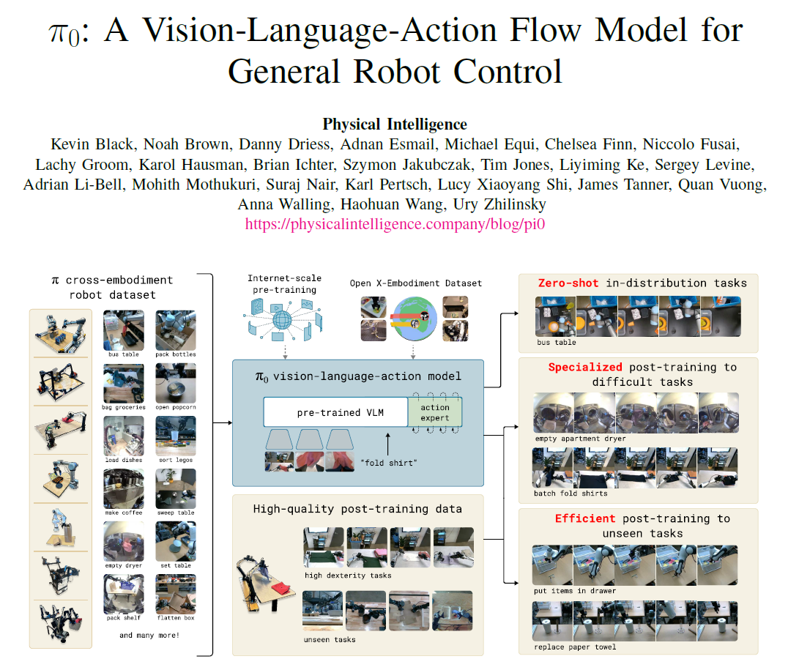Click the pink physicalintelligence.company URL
coord(395,225)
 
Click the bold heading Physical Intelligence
coord(395,124)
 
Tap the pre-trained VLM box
coord(335,412)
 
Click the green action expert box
coord(435,412)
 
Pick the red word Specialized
coord(585,367)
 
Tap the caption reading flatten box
coord(175,618)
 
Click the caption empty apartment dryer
coord(580,439)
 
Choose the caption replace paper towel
coord(575,647)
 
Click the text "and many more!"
coord(149,635)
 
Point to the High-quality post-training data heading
coord(357,508)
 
